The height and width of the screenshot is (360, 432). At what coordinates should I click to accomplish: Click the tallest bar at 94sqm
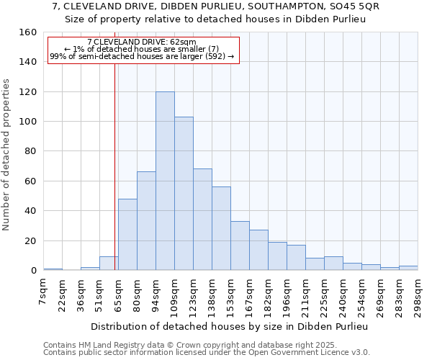point(165,181)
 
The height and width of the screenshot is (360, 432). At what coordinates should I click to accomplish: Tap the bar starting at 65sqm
point(127,234)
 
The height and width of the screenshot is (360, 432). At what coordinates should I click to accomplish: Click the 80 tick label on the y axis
point(31,151)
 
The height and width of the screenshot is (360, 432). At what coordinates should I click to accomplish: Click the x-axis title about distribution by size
point(230,326)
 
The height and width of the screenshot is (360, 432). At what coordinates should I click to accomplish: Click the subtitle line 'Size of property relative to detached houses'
point(216,19)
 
